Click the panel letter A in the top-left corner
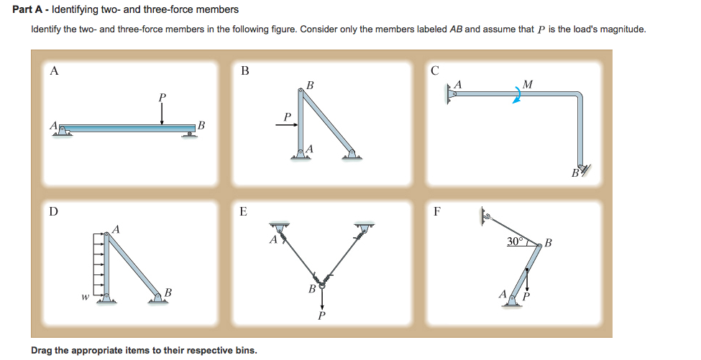tap(54, 70)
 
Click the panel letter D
tap(54, 211)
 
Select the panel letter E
tap(243, 211)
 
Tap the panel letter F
tap(436, 211)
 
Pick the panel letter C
tap(434, 70)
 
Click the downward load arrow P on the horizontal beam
tap(162, 112)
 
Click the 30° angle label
tap(516, 241)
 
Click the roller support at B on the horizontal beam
tap(191, 132)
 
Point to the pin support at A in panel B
tap(301, 153)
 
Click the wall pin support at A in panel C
tap(451, 93)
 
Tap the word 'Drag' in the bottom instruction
tap(42, 350)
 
